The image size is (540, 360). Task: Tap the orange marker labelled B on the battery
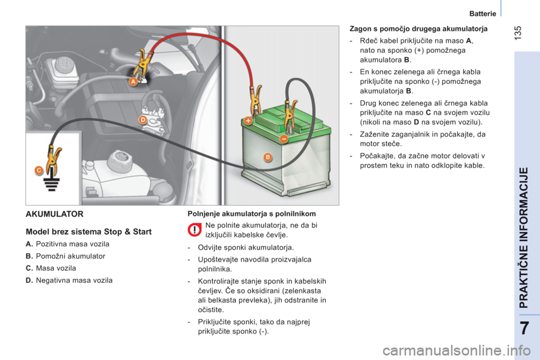268,157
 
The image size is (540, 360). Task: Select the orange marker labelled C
39,170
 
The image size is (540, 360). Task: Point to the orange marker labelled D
143,120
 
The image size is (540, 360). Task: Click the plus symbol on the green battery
248,120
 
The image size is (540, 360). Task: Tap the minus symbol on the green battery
283,139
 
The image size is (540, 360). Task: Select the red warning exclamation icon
195,229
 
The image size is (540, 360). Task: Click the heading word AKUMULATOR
55,214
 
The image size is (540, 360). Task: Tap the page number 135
517,33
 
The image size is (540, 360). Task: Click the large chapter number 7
524,328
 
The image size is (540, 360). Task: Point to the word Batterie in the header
483,13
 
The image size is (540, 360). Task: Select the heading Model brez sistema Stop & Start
88,232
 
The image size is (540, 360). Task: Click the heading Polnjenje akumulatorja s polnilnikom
252,214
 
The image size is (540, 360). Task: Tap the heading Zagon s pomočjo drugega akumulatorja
418,29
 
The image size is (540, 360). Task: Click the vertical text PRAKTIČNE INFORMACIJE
523,238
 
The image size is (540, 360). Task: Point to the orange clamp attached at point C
54,160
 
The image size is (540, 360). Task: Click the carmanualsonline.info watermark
457,350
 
